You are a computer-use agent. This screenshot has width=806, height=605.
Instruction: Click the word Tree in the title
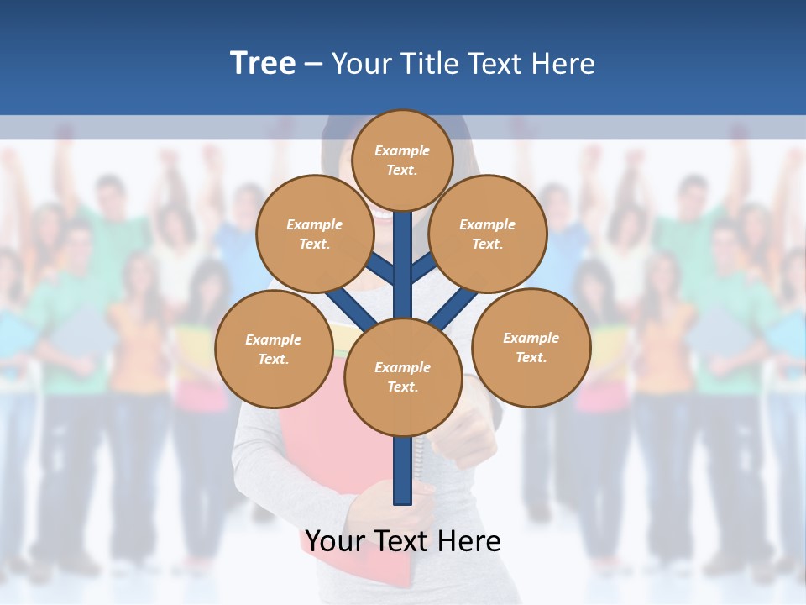coord(263,64)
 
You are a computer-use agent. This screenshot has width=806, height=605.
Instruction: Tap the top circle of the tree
coord(402,160)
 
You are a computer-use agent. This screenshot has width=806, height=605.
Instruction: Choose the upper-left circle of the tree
coord(315,234)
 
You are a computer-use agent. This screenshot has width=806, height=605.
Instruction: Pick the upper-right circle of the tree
coord(488,234)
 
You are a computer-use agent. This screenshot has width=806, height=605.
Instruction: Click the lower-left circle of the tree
coord(274,350)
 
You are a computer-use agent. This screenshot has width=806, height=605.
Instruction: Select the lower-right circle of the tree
coord(531,348)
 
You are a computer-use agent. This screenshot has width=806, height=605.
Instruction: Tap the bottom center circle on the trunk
coord(403,377)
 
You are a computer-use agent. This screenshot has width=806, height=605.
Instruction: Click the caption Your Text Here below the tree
coord(403,541)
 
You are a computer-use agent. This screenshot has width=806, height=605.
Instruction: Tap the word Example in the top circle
coord(402,150)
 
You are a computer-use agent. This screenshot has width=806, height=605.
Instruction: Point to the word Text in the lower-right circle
coord(530,358)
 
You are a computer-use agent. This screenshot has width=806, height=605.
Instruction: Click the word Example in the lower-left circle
coord(274,340)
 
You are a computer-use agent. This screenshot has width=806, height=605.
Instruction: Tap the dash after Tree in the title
coord(314,64)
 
